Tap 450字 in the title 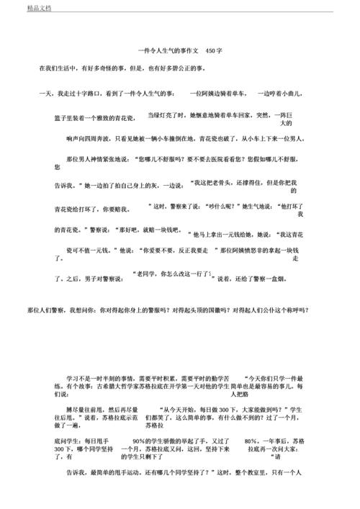click(212, 50)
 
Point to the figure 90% click(141, 440)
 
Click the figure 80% click(251, 440)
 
